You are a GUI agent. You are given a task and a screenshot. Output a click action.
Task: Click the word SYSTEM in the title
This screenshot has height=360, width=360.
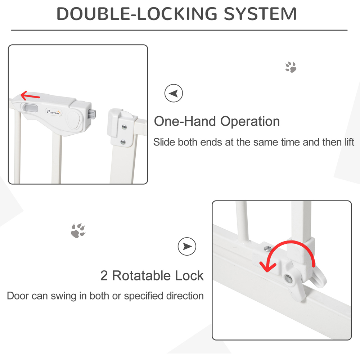point(260,14)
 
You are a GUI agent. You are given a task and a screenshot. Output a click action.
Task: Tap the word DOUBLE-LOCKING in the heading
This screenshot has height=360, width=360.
point(137,14)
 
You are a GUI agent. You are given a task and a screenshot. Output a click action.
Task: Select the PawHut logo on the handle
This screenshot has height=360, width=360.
point(54,112)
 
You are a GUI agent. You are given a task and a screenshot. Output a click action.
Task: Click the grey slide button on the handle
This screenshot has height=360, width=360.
point(30,108)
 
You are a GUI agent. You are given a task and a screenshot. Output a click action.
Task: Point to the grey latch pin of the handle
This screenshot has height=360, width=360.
point(93,114)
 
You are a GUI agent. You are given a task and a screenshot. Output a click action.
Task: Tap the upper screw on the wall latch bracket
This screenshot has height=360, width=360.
point(124,127)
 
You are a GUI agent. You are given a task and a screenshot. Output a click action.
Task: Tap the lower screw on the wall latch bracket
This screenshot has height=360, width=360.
point(123,142)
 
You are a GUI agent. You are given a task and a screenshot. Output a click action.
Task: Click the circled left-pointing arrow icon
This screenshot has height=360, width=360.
point(174,93)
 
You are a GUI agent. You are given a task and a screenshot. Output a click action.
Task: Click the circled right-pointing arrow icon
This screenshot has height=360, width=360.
point(187,246)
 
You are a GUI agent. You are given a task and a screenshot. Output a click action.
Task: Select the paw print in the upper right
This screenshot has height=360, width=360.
point(291,67)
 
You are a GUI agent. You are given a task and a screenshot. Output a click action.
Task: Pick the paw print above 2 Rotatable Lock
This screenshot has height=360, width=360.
point(78,230)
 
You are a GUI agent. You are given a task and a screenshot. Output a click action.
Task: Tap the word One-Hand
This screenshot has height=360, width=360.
point(185,121)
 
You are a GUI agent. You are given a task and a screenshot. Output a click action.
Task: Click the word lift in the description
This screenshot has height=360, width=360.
point(349,142)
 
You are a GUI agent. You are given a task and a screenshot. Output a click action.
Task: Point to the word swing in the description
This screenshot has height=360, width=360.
point(64,296)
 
